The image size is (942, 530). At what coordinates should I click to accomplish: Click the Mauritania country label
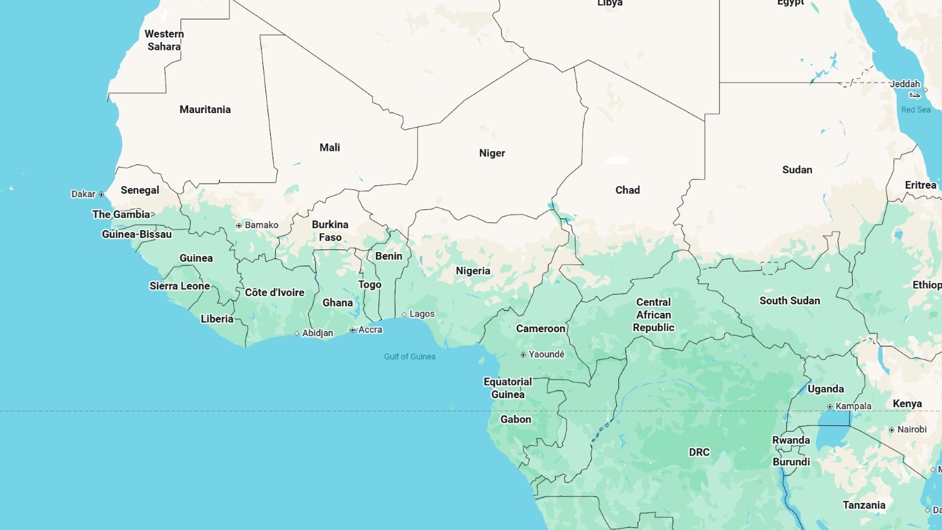[205, 109]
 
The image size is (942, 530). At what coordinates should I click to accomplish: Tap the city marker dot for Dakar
[101, 195]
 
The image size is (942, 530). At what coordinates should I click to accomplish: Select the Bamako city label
[261, 226]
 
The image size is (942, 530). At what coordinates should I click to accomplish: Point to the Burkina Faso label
[330, 231]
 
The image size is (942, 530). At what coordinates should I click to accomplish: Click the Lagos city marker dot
[404, 315]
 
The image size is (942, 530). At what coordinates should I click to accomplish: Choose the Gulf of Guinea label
[410, 357]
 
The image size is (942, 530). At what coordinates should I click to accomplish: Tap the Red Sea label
[916, 110]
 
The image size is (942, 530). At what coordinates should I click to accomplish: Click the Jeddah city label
[905, 84]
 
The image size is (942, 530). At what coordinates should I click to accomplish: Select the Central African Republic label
[653, 315]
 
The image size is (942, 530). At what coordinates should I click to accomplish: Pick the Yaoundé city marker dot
[523, 355]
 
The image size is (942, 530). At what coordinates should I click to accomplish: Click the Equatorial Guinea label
[508, 388]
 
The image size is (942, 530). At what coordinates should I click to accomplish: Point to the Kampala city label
[853, 407]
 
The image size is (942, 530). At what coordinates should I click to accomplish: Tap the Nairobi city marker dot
[892, 430]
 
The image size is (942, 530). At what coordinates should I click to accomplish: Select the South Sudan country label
[790, 301]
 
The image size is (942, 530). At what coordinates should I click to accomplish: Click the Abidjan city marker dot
[297, 334]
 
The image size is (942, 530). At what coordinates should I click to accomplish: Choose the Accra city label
[370, 330]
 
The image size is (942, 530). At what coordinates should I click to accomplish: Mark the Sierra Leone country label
[180, 286]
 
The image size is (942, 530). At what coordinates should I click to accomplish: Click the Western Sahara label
[164, 40]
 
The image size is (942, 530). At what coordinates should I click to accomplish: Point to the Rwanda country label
[791, 440]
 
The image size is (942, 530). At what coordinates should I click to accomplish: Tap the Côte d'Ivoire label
[275, 292]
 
